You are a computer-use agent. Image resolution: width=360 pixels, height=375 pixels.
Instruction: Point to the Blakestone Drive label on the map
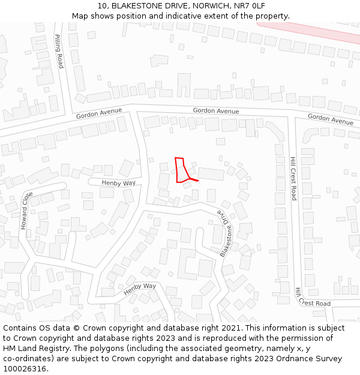(x=226, y=235)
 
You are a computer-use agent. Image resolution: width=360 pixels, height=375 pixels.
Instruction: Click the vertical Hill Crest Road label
(x=293, y=179)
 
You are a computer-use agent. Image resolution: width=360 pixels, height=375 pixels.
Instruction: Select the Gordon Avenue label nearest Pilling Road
(x=99, y=113)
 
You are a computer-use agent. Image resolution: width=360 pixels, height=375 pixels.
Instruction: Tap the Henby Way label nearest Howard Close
(x=118, y=182)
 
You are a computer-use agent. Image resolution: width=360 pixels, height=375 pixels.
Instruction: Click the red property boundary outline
(x=179, y=170)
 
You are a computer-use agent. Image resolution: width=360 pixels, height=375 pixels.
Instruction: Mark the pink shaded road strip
(x=327, y=30)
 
